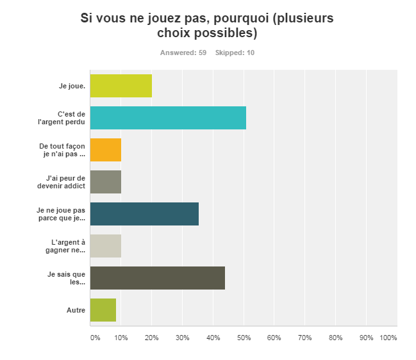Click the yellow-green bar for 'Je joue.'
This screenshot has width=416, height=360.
click(x=121, y=86)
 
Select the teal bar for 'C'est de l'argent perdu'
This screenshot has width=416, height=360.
click(x=168, y=118)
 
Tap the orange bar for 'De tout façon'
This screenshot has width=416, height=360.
click(x=105, y=150)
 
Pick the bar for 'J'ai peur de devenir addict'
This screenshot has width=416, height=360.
click(x=105, y=182)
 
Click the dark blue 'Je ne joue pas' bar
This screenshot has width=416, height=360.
click(x=144, y=214)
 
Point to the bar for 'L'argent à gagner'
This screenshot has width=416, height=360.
click(x=105, y=246)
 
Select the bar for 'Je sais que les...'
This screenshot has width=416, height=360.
click(x=157, y=278)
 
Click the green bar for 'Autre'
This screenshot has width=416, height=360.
click(x=103, y=310)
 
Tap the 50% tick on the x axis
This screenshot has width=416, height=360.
click(x=244, y=338)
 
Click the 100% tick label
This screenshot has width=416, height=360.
click(x=388, y=338)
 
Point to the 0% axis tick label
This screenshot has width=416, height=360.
click(x=95, y=338)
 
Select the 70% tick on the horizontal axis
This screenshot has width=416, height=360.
click(x=305, y=338)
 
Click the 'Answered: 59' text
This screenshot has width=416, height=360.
click(x=183, y=53)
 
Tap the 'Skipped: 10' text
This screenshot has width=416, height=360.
click(x=235, y=53)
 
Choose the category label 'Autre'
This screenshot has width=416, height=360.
click(x=76, y=310)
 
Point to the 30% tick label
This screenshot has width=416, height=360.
click(x=182, y=338)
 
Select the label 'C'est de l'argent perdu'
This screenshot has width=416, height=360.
click(x=67, y=118)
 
